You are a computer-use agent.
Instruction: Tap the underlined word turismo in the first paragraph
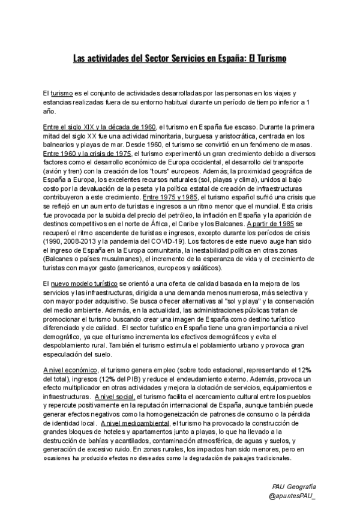[62, 94]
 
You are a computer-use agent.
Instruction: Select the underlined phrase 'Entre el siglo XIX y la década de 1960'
[100, 127]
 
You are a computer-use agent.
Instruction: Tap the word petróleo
[190, 214]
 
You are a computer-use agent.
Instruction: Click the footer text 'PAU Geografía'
[293, 486]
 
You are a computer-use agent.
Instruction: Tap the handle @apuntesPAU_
[293, 496]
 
